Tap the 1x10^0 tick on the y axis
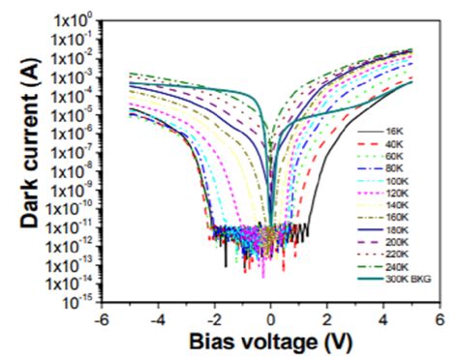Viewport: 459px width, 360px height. click(x=71, y=20)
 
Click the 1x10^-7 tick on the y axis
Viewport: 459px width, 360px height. click(x=70, y=152)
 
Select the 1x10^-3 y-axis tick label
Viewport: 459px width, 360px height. click(x=70, y=76)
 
